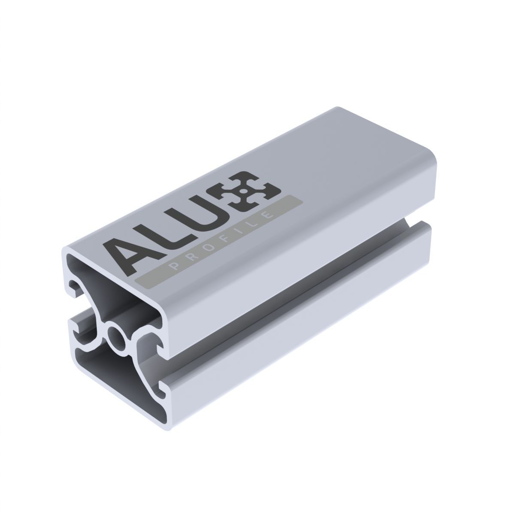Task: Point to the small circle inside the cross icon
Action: tap(243, 191)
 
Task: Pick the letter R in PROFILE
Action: tap(190, 257)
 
